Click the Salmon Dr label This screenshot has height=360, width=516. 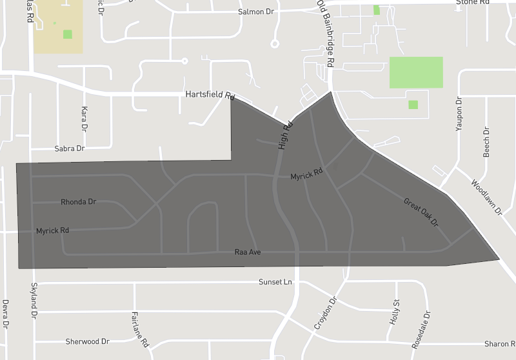pyautogui.click(x=256, y=12)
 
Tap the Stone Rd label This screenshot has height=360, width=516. pyautogui.click(x=473, y=3)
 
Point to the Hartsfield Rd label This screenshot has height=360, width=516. pyautogui.click(x=210, y=95)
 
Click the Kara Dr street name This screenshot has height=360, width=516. pyautogui.click(x=84, y=119)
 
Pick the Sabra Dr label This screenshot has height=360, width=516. pyautogui.click(x=70, y=148)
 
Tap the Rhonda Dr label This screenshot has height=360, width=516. pyautogui.click(x=78, y=202)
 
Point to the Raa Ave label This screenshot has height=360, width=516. pyautogui.click(x=248, y=252)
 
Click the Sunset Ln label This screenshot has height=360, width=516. pyautogui.click(x=275, y=282)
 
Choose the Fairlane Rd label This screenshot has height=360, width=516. pyautogui.click(x=140, y=329)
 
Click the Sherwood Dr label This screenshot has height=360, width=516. pyautogui.click(x=88, y=341)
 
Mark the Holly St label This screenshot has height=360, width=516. pyautogui.click(x=396, y=311)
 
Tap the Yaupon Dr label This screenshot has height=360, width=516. pyautogui.click(x=459, y=115)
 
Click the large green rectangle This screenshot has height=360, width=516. pyautogui.click(x=416, y=72)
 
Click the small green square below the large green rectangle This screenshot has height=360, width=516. pyautogui.click(x=413, y=105)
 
